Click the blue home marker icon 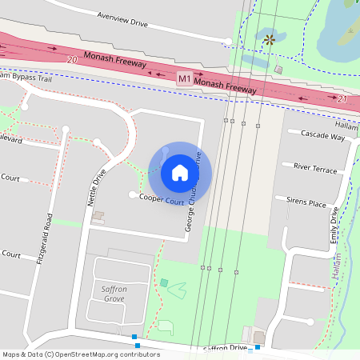tap(180, 172)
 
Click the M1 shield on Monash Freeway tap(185, 78)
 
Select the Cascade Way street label tap(322, 137)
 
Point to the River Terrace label tap(315, 169)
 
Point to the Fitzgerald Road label tap(50, 239)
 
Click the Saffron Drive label tap(226, 348)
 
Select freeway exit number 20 tap(72, 59)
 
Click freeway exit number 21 tap(342, 98)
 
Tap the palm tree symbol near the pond tap(269, 38)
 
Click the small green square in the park tap(164, 282)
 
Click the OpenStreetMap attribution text tap(81, 354)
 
